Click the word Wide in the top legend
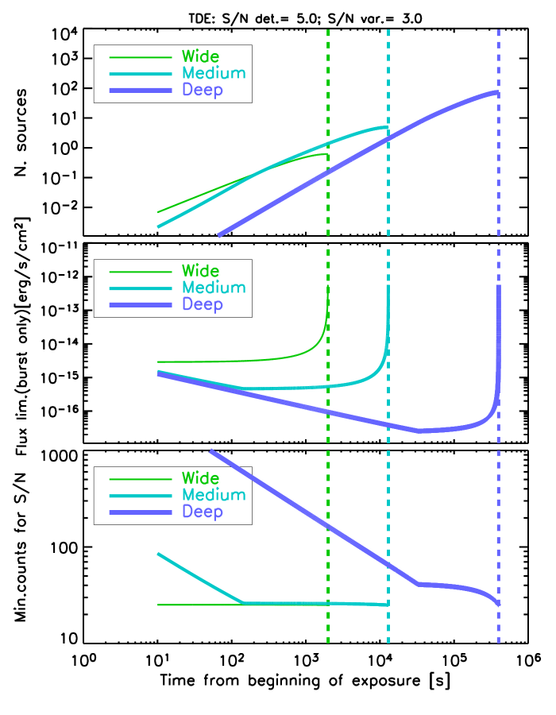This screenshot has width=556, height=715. [200, 56]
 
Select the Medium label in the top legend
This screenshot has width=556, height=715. [214, 73]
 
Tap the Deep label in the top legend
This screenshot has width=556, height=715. [203, 90]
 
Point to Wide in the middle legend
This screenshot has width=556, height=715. [200, 271]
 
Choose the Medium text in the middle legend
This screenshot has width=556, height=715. [214, 288]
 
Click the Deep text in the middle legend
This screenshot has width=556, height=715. [203, 304]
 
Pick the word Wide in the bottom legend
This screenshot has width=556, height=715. [200, 478]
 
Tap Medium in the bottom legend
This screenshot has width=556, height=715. [214, 495]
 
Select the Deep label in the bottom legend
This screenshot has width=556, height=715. [203, 512]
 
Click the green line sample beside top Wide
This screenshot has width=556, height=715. [141, 57]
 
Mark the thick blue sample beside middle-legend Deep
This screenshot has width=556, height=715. [141, 305]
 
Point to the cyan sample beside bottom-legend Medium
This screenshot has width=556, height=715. [141, 496]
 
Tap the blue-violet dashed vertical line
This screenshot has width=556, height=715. [499, 199]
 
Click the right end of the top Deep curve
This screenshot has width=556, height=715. [497, 93]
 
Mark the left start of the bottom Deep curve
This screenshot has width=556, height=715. [211, 451]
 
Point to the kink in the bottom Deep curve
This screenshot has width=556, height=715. [419, 584]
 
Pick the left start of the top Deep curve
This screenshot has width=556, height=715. [219, 235]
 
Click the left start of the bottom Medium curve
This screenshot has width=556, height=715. [159, 554]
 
